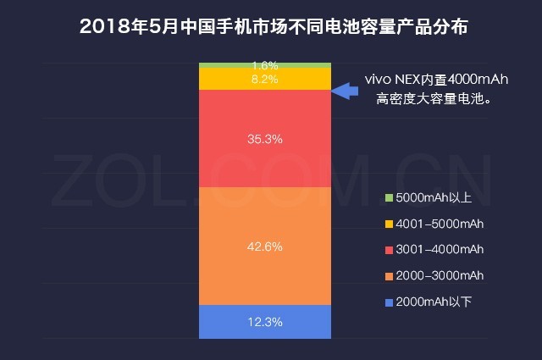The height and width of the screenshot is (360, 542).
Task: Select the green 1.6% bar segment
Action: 229,65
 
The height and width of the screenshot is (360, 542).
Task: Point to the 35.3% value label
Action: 264,137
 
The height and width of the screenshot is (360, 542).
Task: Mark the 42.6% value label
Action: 264,246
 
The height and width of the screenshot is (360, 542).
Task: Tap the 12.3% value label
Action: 264,322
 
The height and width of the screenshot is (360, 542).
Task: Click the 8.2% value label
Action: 264,78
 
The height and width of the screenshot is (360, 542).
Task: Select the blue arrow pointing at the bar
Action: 343,90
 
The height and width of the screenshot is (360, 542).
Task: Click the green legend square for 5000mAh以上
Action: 389,197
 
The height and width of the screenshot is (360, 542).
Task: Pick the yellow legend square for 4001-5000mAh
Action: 389,224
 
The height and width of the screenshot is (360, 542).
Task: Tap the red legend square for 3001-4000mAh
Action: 389,249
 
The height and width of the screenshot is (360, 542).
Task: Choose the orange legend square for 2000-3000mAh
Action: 389,275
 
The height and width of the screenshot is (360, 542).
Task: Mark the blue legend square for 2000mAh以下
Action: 389,302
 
